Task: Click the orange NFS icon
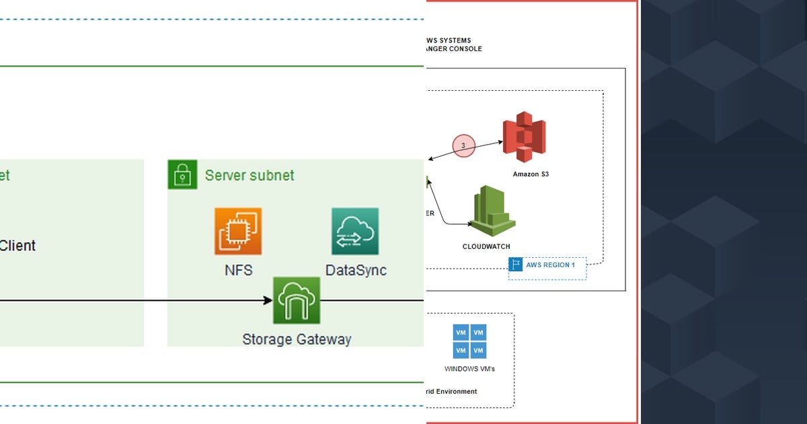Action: (x=238, y=232)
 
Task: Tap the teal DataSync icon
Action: (x=355, y=232)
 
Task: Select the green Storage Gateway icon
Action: (x=297, y=301)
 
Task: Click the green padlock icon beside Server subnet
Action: (x=182, y=175)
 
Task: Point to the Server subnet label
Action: (x=249, y=176)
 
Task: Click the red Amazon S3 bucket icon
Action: (x=524, y=137)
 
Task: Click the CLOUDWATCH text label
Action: (x=486, y=247)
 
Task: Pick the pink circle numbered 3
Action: (x=463, y=145)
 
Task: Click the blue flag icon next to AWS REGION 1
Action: (x=516, y=265)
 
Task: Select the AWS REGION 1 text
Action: (x=550, y=265)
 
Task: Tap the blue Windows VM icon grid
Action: (x=470, y=341)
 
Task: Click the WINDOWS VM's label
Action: (x=469, y=369)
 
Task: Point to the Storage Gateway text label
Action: (x=297, y=339)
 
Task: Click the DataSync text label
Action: (x=356, y=271)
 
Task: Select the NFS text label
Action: (x=239, y=271)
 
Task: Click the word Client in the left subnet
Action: (x=17, y=246)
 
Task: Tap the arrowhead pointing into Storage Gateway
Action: (x=268, y=301)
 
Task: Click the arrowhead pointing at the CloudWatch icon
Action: (x=470, y=224)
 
